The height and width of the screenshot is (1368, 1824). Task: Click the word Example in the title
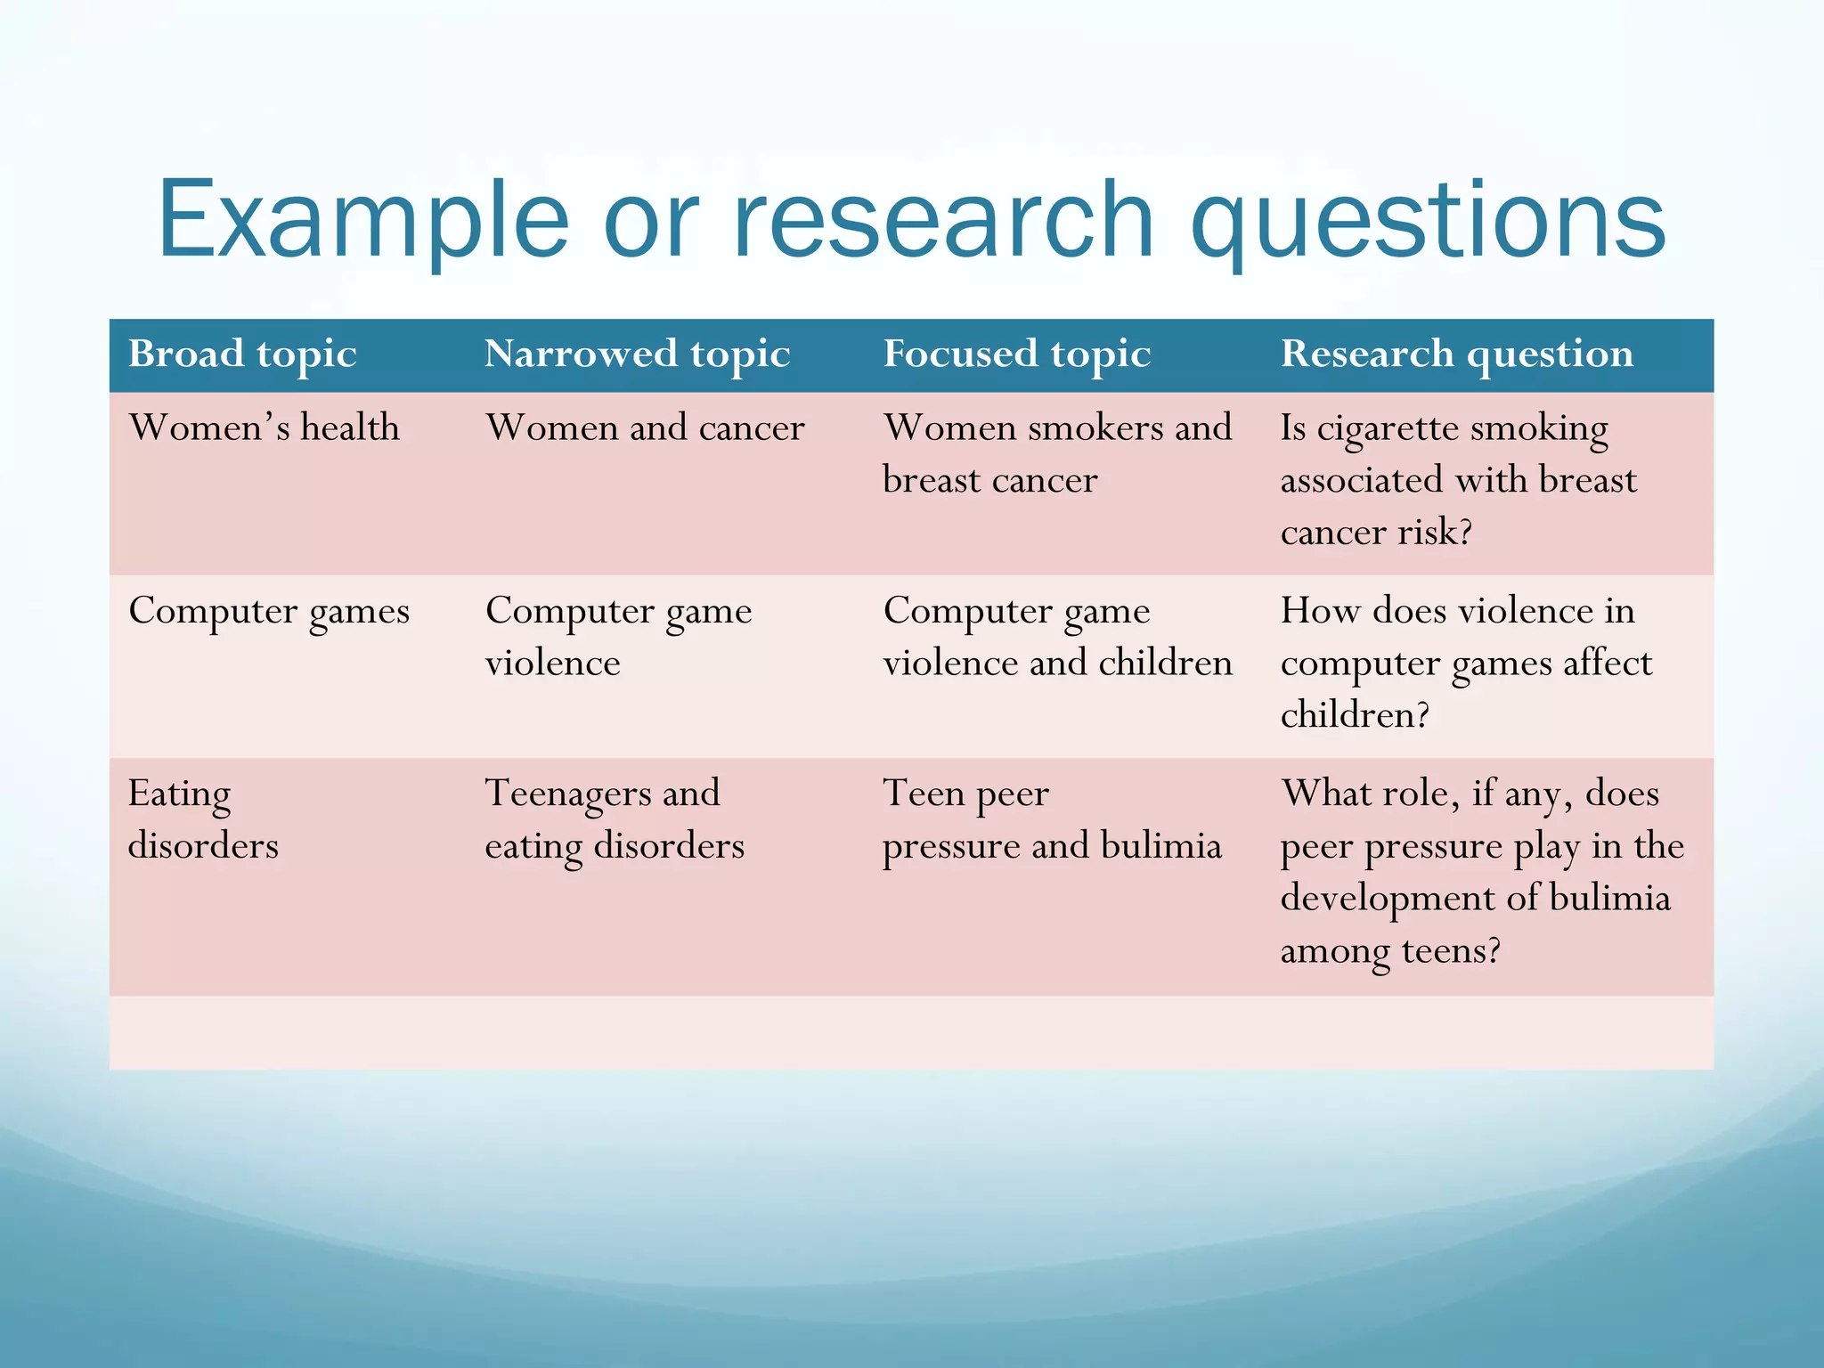362,220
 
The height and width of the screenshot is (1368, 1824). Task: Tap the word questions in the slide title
1428,220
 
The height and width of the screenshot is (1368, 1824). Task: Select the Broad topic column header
242,354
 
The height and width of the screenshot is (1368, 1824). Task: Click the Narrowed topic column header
637,354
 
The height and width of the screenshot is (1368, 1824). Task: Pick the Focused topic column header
1016,354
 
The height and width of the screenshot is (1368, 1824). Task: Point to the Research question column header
1457,354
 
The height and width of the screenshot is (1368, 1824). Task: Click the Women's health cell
264,428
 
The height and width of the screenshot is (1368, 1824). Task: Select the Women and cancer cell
645,428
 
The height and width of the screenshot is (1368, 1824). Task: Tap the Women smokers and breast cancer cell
1056,453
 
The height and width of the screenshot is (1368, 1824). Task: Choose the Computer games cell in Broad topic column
269,612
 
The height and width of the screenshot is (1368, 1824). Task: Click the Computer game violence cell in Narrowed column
618,636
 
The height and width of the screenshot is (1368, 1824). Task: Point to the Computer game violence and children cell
1056,636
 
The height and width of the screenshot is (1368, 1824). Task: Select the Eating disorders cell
203,819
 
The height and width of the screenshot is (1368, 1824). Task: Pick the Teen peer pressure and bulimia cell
1051,819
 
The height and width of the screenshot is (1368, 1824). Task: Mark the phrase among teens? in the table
1389,951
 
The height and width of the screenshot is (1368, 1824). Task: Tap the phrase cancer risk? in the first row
1376,533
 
